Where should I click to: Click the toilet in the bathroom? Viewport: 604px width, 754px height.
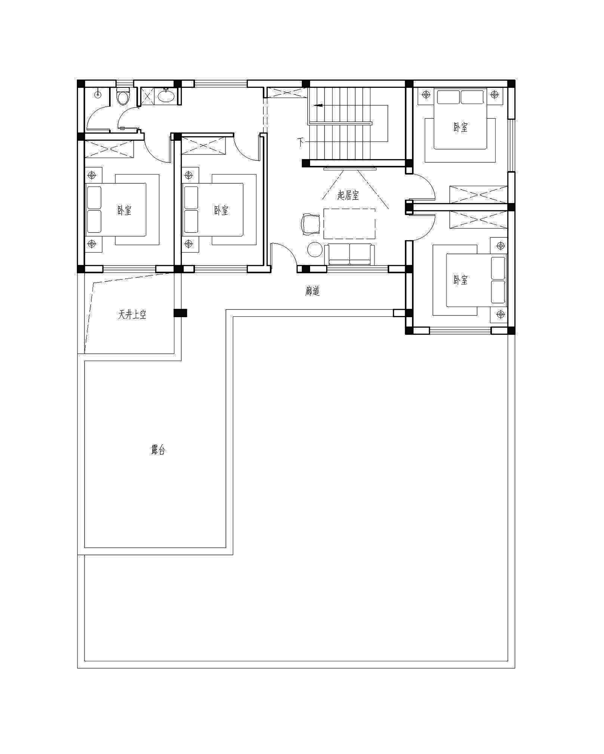click(123, 96)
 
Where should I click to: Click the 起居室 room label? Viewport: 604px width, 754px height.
click(348, 195)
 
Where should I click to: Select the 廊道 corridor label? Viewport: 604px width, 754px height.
click(312, 291)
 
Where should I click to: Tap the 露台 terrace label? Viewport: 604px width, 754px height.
click(158, 450)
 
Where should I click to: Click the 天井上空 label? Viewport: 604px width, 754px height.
click(132, 315)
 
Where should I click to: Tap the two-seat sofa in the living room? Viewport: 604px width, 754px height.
click(350, 254)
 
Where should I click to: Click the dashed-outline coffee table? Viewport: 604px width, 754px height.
click(350, 224)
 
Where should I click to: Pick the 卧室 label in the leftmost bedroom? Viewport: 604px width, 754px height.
click(124, 210)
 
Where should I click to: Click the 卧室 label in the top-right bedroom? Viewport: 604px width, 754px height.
click(461, 127)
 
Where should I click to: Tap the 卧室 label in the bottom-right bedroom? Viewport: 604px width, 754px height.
click(461, 280)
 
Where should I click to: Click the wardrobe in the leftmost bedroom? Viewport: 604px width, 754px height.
click(109, 149)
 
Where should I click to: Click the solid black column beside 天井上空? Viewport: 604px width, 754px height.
click(180, 313)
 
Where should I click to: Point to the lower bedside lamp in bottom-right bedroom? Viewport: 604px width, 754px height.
click(501, 314)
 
